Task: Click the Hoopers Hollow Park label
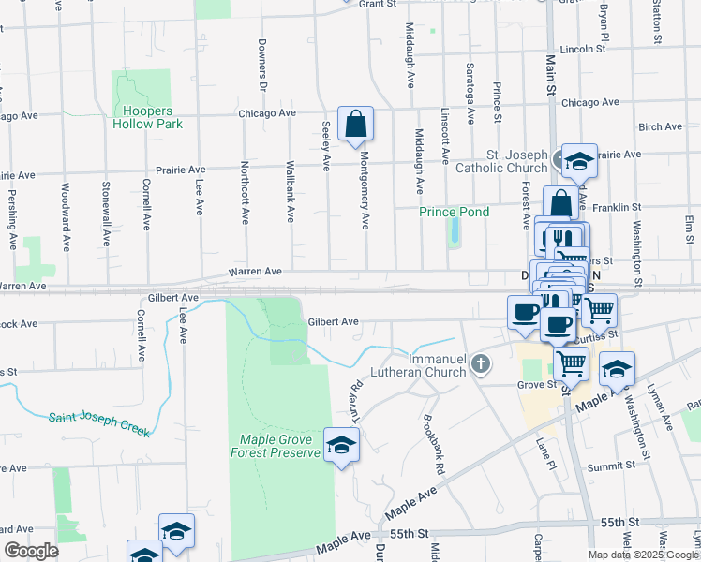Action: [x=147, y=117]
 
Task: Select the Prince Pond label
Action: [x=454, y=212]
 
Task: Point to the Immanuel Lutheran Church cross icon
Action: [x=481, y=362]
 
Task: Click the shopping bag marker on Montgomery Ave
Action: [x=356, y=125]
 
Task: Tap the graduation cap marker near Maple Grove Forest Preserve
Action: [x=341, y=445]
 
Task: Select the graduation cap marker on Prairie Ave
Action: [x=579, y=161]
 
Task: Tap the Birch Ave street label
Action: [x=660, y=126]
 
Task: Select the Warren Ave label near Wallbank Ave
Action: [x=255, y=272]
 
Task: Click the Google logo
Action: [x=31, y=551]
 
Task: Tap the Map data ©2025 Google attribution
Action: [x=643, y=555]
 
